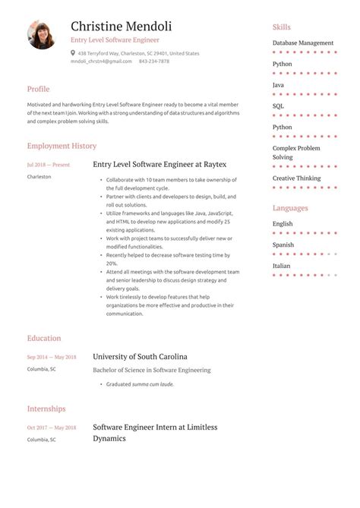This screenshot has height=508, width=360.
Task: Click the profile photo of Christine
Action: [x=42, y=35]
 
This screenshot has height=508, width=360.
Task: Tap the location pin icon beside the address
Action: [x=73, y=53]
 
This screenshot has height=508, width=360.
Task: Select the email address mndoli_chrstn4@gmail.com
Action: [x=101, y=62]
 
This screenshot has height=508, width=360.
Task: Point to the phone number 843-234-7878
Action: [x=154, y=62]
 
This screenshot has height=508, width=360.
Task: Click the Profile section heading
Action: [x=38, y=89]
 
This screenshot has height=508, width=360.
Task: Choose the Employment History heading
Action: [x=62, y=145]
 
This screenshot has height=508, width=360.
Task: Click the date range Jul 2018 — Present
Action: [x=48, y=164]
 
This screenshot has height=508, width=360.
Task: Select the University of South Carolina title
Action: [x=140, y=356]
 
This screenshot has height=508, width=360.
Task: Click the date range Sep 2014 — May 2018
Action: [x=52, y=357]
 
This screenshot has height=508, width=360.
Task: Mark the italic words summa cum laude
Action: [x=153, y=384]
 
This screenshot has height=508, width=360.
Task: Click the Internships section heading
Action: [x=46, y=409]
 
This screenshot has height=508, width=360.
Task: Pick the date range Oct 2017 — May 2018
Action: [x=52, y=428]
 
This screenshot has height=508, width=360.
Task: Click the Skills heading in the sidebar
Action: [x=281, y=27]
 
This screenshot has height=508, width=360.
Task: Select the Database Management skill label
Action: [x=303, y=43]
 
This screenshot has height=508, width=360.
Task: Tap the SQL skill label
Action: [x=278, y=106]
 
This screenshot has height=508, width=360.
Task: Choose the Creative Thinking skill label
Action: [x=296, y=178]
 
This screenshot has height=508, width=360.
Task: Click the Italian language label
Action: [x=281, y=266]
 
